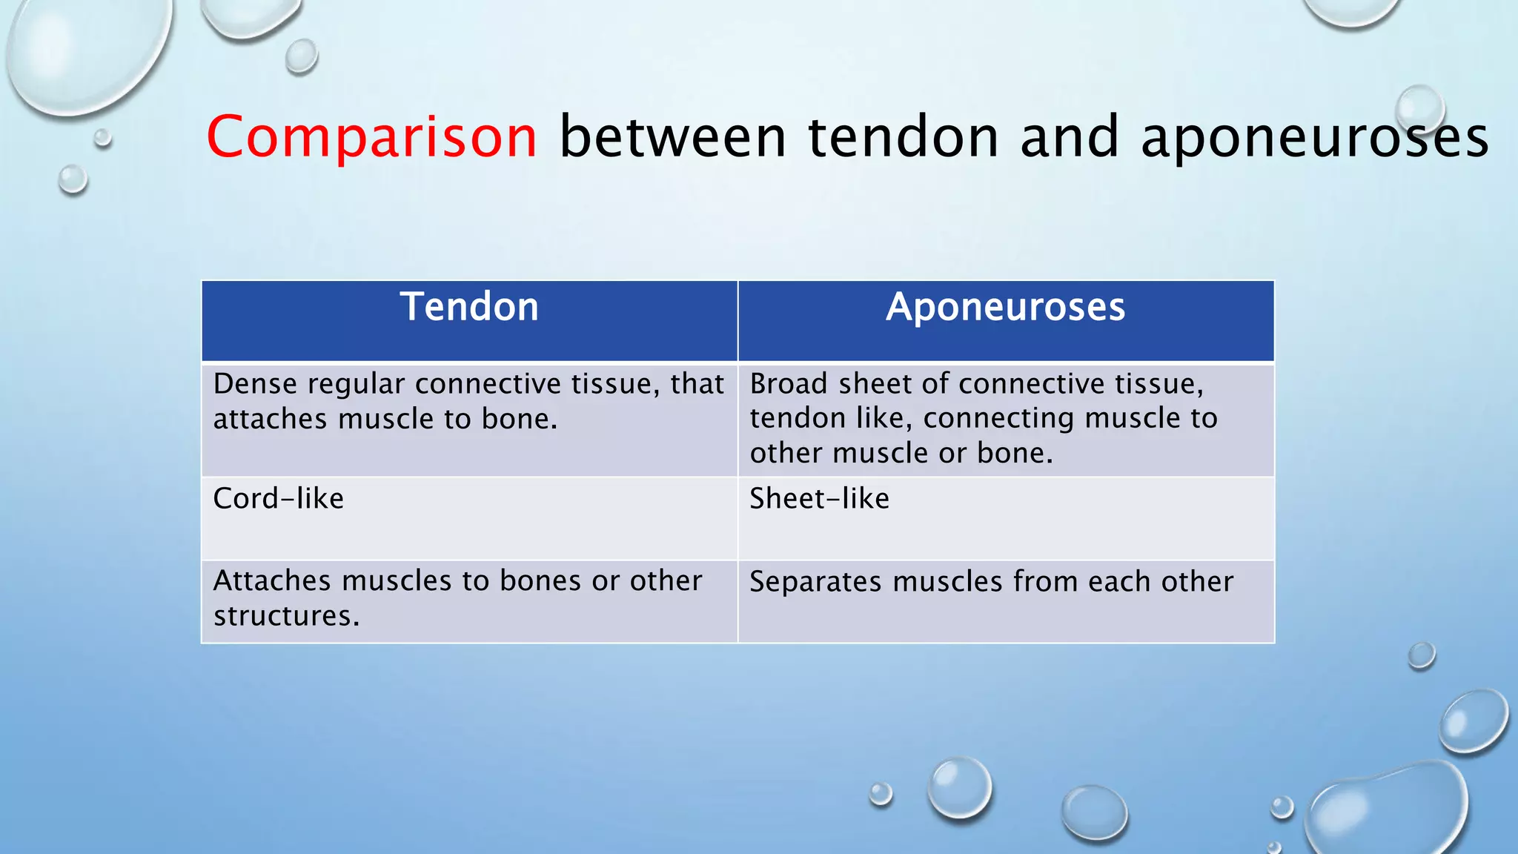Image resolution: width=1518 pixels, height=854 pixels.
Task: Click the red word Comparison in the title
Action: point(371,137)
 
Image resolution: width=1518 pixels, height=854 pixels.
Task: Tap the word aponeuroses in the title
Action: point(1314,139)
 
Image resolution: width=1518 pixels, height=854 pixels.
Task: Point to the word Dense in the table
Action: point(255,385)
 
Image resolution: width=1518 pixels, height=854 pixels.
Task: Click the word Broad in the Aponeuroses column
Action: point(788,385)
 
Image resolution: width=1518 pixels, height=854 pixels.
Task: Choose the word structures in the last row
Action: point(282,617)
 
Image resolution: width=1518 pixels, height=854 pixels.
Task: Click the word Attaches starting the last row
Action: point(271,581)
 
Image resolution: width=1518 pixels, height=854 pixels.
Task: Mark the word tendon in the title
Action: point(903,137)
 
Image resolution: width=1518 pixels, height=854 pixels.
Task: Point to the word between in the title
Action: point(672,137)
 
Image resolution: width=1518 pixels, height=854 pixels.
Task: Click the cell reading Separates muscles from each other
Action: point(1005,600)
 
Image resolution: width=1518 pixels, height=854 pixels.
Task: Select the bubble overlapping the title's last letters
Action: point(1419,110)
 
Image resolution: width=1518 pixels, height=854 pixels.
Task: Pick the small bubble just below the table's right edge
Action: point(1421,655)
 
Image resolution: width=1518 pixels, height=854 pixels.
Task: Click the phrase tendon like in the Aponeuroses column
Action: point(830,419)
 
